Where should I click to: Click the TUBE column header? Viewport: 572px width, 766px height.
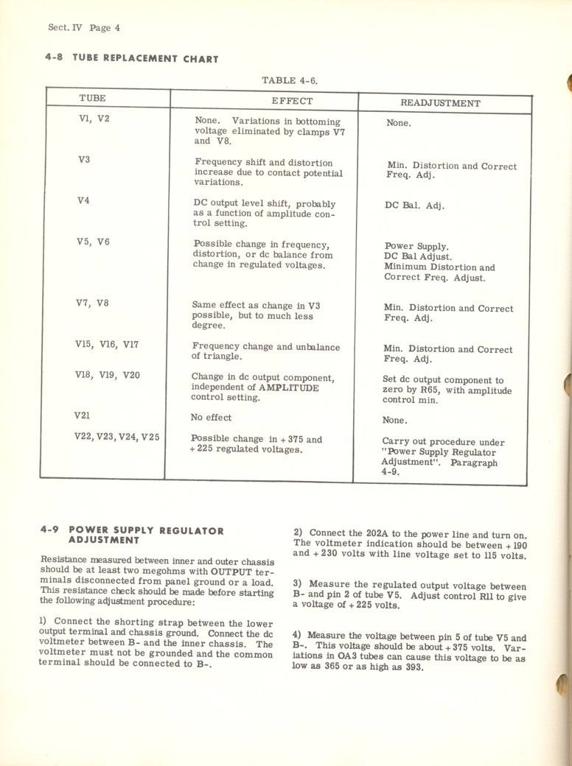(x=92, y=98)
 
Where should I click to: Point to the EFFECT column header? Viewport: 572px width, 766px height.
(x=292, y=102)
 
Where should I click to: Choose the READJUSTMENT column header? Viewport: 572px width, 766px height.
(x=440, y=104)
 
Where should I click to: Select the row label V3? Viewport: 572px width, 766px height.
(x=83, y=159)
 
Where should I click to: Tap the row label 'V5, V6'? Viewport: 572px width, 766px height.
(x=92, y=241)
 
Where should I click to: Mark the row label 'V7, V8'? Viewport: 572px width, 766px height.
(x=91, y=302)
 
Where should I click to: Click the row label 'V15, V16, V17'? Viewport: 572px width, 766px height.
(x=107, y=343)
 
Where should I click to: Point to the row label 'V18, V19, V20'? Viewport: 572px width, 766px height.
(x=107, y=375)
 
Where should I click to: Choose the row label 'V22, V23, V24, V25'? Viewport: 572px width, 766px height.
(x=117, y=437)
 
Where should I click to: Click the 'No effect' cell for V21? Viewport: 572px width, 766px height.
(x=211, y=418)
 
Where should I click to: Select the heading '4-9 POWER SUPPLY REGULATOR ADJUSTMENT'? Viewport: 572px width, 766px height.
(x=132, y=535)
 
